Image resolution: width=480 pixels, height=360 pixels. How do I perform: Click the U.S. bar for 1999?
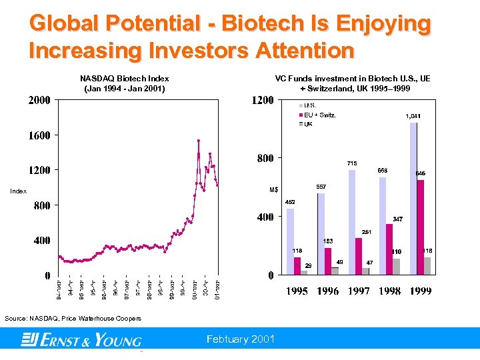(413, 198)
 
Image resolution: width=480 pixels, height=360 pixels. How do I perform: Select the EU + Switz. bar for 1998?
(389, 249)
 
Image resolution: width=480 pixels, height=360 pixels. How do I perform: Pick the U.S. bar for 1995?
(290, 241)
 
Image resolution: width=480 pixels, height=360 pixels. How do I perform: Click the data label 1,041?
(413, 116)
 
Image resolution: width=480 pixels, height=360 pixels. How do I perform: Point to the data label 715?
(352, 163)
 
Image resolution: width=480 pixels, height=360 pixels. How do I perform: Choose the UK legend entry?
(307, 124)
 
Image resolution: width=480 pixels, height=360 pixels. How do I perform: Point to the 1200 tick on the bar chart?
(261, 101)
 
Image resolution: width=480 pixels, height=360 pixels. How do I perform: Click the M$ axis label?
(273, 190)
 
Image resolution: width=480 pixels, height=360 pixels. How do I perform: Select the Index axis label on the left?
(18, 191)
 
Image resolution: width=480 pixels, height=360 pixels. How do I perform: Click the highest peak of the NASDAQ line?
(198, 140)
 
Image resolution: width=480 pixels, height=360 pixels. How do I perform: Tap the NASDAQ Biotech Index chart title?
(125, 83)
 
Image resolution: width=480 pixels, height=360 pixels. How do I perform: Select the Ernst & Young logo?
(81, 341)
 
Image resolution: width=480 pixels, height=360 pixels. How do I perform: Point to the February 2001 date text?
(241, 339)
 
